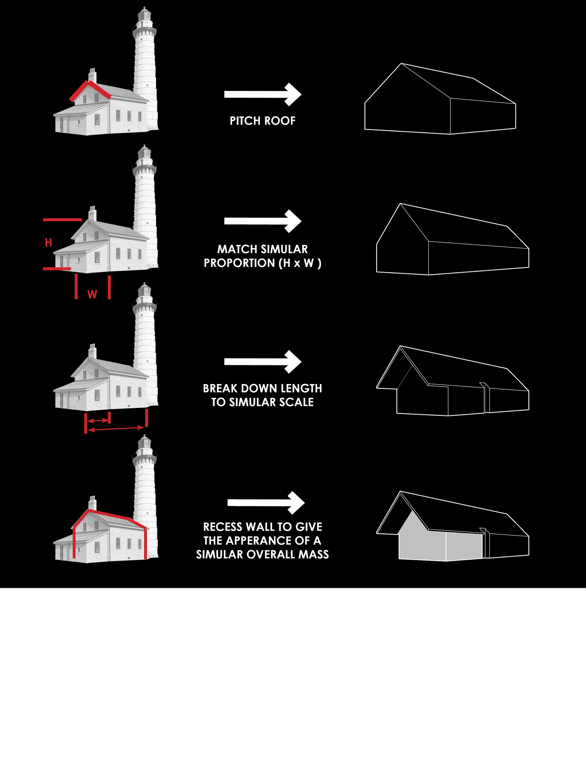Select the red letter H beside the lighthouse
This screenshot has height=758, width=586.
point(49,242)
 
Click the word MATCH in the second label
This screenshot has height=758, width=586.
point(237,249)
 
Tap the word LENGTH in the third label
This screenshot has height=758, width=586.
point(301,388)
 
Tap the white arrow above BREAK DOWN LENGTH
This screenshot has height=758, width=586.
point(263,362)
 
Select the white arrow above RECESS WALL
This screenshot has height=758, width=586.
point(266,503)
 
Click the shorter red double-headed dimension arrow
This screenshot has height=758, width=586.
point(98,421)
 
